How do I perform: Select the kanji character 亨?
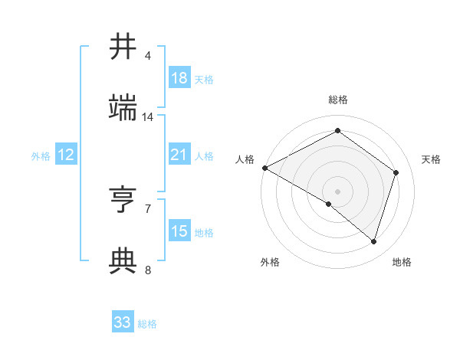(x=123, y=201)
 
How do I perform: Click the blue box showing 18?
(x=179, y=78)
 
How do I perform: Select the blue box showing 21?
(x=179, y=155)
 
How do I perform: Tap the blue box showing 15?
(x=179, y=232)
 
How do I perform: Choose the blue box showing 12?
(x=66, y=155)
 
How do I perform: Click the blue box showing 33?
(x=123, y=322)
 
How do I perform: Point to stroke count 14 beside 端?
(x=148, y=117)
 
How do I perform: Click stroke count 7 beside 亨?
(x=148, y=208)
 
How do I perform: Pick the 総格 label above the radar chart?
(x=337, y=100)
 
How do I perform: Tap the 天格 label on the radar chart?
(x=431, y=159)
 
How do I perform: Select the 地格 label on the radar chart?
(x=402, y=262)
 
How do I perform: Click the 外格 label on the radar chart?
(x=270, y=262)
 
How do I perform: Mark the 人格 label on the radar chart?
(x=245, y=159)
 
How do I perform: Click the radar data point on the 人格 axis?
(x=264, y=168)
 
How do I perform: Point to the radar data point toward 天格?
(x=396, y=172)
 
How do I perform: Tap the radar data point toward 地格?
(x=374, y=242)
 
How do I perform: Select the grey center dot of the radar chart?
(x=337, y=191)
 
